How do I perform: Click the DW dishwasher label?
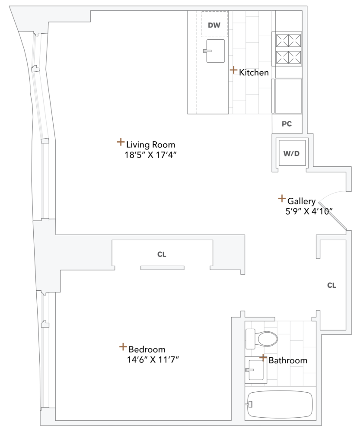(x=214, y=25)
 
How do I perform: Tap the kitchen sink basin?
(x=215, y=51)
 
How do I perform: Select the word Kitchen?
(x=254, y=73)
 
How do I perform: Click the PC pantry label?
(x=287, y=124)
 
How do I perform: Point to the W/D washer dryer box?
(x=292, y=153)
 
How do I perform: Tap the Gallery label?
(x=302, y=201)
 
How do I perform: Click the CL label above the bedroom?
(x=162, y=254)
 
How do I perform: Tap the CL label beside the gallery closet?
(x=331, y=285)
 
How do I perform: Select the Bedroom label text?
(x=147, y=349)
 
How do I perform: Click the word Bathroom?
(x=288, y=360)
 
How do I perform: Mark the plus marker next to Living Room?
(x=121, y=142)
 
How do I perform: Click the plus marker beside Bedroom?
(x=123, y=347)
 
